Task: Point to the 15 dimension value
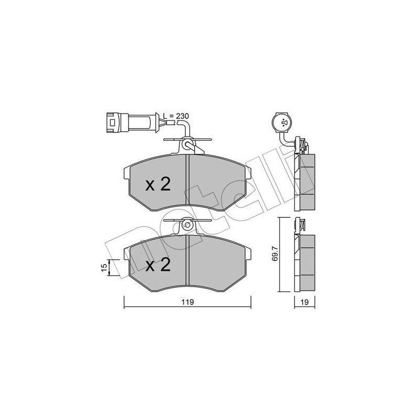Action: pyautogui.click(x=103, y=267)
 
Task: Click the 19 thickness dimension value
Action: pyautogui.click(x=304, y=302)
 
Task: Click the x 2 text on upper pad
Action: pyautogui.click(x=157, y=184)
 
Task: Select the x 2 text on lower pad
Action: pyautogui.click(x=157, y=266)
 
